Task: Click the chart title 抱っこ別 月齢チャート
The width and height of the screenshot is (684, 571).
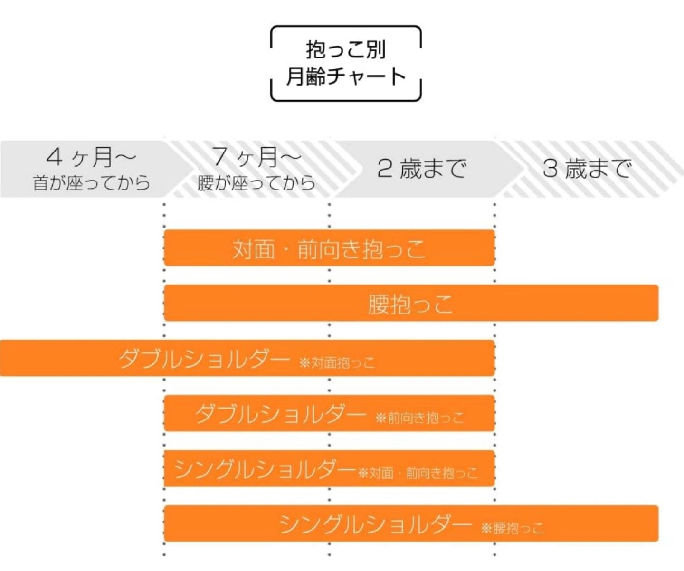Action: point(346,63)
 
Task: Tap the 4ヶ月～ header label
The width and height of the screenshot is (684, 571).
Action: point(91,157)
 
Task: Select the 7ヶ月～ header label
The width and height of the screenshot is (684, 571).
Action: point(256,157)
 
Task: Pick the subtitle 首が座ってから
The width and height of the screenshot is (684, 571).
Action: point(91,182)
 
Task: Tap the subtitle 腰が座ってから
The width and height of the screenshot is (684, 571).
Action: point(256,182)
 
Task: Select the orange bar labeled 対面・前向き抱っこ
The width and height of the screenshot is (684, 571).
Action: point(329,247)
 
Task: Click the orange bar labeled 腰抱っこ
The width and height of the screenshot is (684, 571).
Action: point(411,303)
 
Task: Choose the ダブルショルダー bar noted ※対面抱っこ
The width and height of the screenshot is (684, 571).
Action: point(247,358)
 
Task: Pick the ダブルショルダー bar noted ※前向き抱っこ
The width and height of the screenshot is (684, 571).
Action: point(329,413)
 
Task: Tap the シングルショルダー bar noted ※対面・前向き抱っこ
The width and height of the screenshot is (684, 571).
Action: point(329,468)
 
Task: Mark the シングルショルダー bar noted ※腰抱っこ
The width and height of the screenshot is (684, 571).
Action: point(411,523)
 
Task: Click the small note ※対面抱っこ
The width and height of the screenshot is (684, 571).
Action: point(337,362)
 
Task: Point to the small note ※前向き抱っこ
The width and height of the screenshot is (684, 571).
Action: point(419,418)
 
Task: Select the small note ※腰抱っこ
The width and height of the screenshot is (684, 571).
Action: point(513,528)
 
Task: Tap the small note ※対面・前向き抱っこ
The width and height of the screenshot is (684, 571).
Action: point(418,473)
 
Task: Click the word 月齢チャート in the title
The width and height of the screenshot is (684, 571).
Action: point(346,76)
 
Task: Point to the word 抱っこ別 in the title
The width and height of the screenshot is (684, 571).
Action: point(346,50)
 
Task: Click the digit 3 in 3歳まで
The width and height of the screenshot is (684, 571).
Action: point(551,169)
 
